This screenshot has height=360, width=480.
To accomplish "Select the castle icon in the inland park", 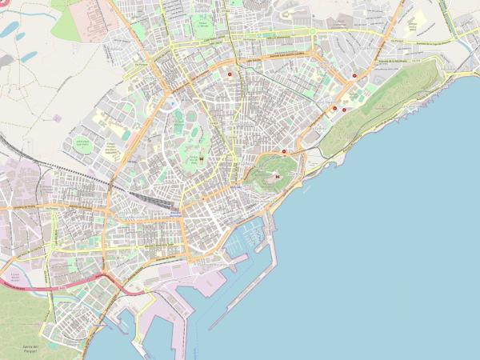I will pyautogui.click(x=201, y=157).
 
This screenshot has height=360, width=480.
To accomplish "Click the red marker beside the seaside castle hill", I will pyautogui.click(x=284, y=151).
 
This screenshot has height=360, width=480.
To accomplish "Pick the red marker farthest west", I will pyautogui.click(x=230, y=74).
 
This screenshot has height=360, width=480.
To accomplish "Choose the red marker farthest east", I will pyautogui.click(x=354, y=76).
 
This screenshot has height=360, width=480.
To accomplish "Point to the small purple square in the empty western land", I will pyautogui.click(x=56, y=118).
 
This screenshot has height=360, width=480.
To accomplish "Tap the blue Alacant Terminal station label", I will pyautogui.click(x=175, y=214).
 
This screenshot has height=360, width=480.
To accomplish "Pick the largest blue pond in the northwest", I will pyautogui.click(x=12, y=30).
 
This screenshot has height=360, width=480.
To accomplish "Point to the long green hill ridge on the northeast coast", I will pyautogui.click(x=384, y=96).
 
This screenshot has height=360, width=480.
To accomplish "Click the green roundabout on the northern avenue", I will pyautogui.click(x=312, y=32).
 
